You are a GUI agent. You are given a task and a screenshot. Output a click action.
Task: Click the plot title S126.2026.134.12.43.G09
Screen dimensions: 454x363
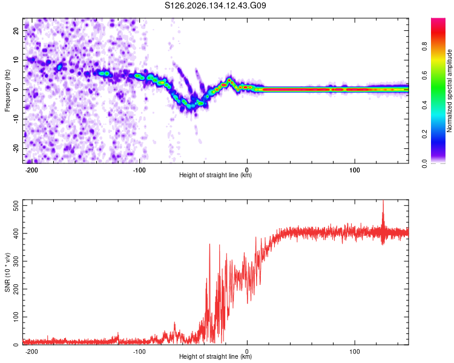coord(215,5)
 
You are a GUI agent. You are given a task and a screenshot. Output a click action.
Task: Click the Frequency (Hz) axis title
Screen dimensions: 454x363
coord(7,91)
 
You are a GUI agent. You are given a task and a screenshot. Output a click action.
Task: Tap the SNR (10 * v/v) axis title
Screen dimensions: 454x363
coord(7,272)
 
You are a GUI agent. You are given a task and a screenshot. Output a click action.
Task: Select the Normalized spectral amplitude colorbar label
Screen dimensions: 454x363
coord(449,91)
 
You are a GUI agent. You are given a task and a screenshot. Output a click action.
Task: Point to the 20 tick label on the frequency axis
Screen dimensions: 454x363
coord(16,31)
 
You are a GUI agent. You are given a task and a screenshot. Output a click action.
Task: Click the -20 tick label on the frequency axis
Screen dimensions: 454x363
coord(16,148)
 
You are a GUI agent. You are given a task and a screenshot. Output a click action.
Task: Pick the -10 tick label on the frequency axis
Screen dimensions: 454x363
coord(16,119)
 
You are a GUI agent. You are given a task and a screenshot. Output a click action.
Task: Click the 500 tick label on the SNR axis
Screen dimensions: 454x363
coord(16,205)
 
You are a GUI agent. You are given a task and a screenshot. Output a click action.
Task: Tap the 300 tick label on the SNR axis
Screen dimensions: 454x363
coord(16,261)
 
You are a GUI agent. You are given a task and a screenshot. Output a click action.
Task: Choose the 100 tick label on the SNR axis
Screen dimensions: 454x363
coord(16,316)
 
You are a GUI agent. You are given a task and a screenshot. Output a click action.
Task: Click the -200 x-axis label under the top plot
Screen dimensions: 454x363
coord(31,170)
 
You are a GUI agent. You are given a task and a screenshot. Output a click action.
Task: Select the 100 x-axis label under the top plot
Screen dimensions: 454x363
coord(354,170)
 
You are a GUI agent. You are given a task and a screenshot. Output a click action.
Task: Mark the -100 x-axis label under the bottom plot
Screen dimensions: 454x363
coord(139,352)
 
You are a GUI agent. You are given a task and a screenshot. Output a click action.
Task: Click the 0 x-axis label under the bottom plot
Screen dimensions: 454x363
coord(247,352)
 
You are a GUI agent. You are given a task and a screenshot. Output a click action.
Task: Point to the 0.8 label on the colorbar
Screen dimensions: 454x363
coord(425,47)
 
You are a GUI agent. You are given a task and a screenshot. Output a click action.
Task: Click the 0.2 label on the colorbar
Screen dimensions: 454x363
coord(425,134)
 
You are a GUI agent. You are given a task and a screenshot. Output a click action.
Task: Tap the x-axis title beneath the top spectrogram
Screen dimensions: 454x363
coord(215,175)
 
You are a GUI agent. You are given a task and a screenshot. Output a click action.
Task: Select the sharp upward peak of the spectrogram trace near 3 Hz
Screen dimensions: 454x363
coord(229,80)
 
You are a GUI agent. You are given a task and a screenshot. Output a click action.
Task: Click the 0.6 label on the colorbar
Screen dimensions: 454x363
coord(425,76)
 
